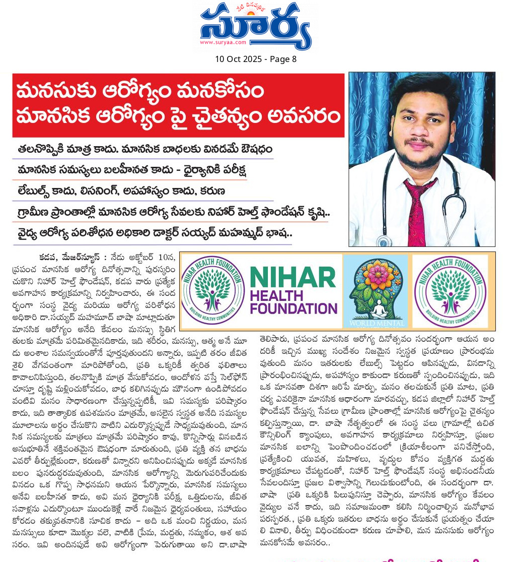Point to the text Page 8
tap(283, 59)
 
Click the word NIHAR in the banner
tap(293, 278)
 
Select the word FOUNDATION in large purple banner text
tap(294, 307)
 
